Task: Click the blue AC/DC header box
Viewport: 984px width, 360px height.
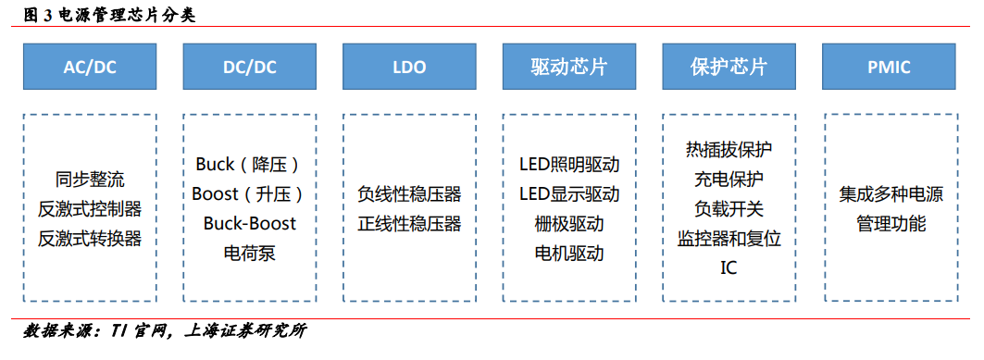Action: point(90,67)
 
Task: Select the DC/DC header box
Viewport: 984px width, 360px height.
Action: point(249,67)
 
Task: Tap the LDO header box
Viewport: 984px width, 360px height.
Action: point(409,67)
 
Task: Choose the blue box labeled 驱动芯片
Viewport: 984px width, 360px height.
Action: point(569,67)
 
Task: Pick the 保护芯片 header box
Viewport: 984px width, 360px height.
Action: point(729,67)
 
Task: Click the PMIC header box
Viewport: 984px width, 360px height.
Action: point(889,67)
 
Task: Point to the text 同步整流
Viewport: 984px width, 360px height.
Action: point(90,180)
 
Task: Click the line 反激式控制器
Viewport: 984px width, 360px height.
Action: point(90,209)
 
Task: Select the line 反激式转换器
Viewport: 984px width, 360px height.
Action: point(90,239)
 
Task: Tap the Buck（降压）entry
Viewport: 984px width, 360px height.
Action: point(249,165)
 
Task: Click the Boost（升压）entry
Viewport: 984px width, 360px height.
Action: point(249,193)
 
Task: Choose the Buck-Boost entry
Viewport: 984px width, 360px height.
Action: point(249,223)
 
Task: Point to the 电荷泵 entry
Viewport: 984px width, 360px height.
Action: point(249,253)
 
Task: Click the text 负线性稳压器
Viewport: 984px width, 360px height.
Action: point(409,193)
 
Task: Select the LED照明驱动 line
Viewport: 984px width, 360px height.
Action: point(569,165)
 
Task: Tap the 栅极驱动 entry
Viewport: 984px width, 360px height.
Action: point(569,223)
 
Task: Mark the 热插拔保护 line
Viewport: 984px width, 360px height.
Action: point(729,150)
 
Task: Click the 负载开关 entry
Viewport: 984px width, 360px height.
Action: point(729,209)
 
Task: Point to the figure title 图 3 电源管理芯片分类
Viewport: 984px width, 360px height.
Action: point(109,16)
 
